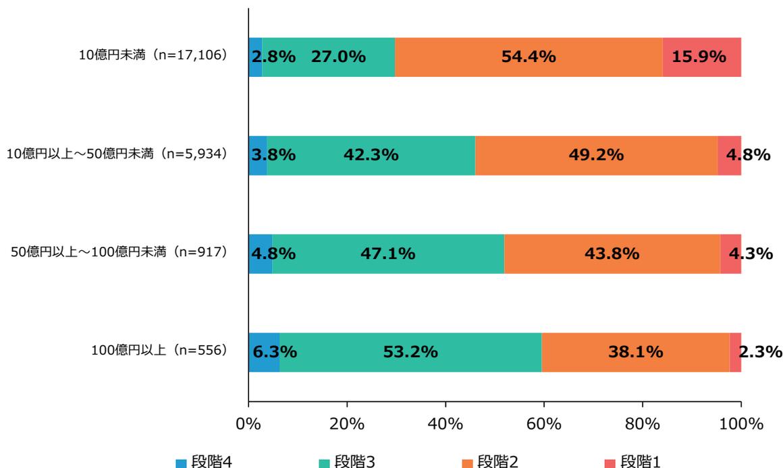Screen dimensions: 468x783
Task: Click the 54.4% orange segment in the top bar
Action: [529, 57]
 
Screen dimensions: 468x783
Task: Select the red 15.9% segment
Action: [702, 57]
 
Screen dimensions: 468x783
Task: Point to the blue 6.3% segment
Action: [264, 352]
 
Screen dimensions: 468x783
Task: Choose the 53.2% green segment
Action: [410, 352]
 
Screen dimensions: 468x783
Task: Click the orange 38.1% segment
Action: [635, 352]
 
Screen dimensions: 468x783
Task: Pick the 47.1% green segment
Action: [388, 254]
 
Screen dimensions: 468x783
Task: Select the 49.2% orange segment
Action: [596, 155]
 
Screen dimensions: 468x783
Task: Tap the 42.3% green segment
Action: [371, 155]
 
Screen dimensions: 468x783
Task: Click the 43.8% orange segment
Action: [612, 254]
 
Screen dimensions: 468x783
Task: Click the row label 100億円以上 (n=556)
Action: [160, 351]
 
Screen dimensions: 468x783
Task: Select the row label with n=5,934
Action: [115, 155]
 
